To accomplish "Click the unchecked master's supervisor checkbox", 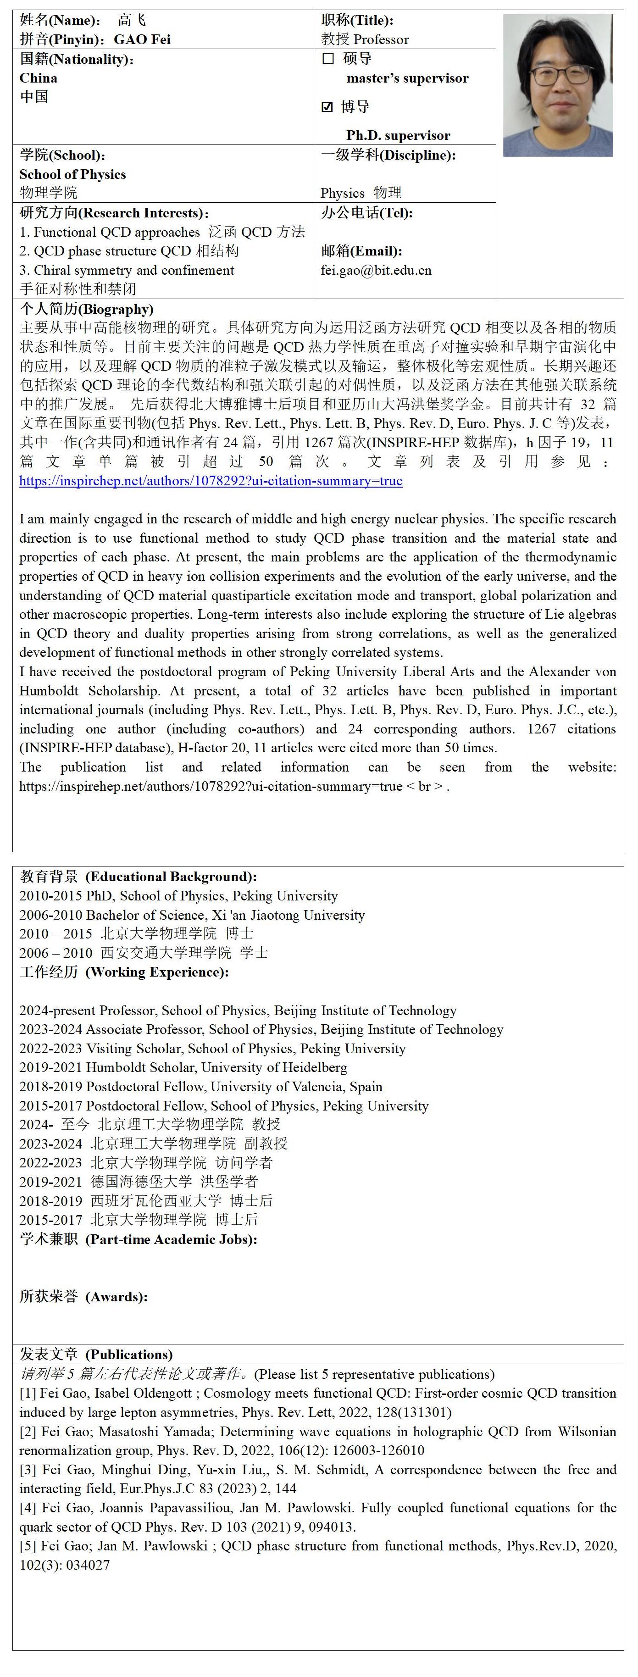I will point(328,59).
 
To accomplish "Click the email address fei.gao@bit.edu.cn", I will point(376,270).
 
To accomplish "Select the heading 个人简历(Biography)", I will point(87,309).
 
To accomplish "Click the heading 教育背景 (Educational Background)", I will point(138,876).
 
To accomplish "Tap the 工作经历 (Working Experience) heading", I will point(124,972).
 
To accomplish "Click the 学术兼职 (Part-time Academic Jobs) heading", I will point(138,1239).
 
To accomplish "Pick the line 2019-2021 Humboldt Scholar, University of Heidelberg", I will point(183,1068).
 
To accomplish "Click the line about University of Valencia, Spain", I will point(200,1087).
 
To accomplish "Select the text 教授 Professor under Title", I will point(365,39).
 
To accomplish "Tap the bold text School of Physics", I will point(72,174).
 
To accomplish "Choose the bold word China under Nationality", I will point(39,78).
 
